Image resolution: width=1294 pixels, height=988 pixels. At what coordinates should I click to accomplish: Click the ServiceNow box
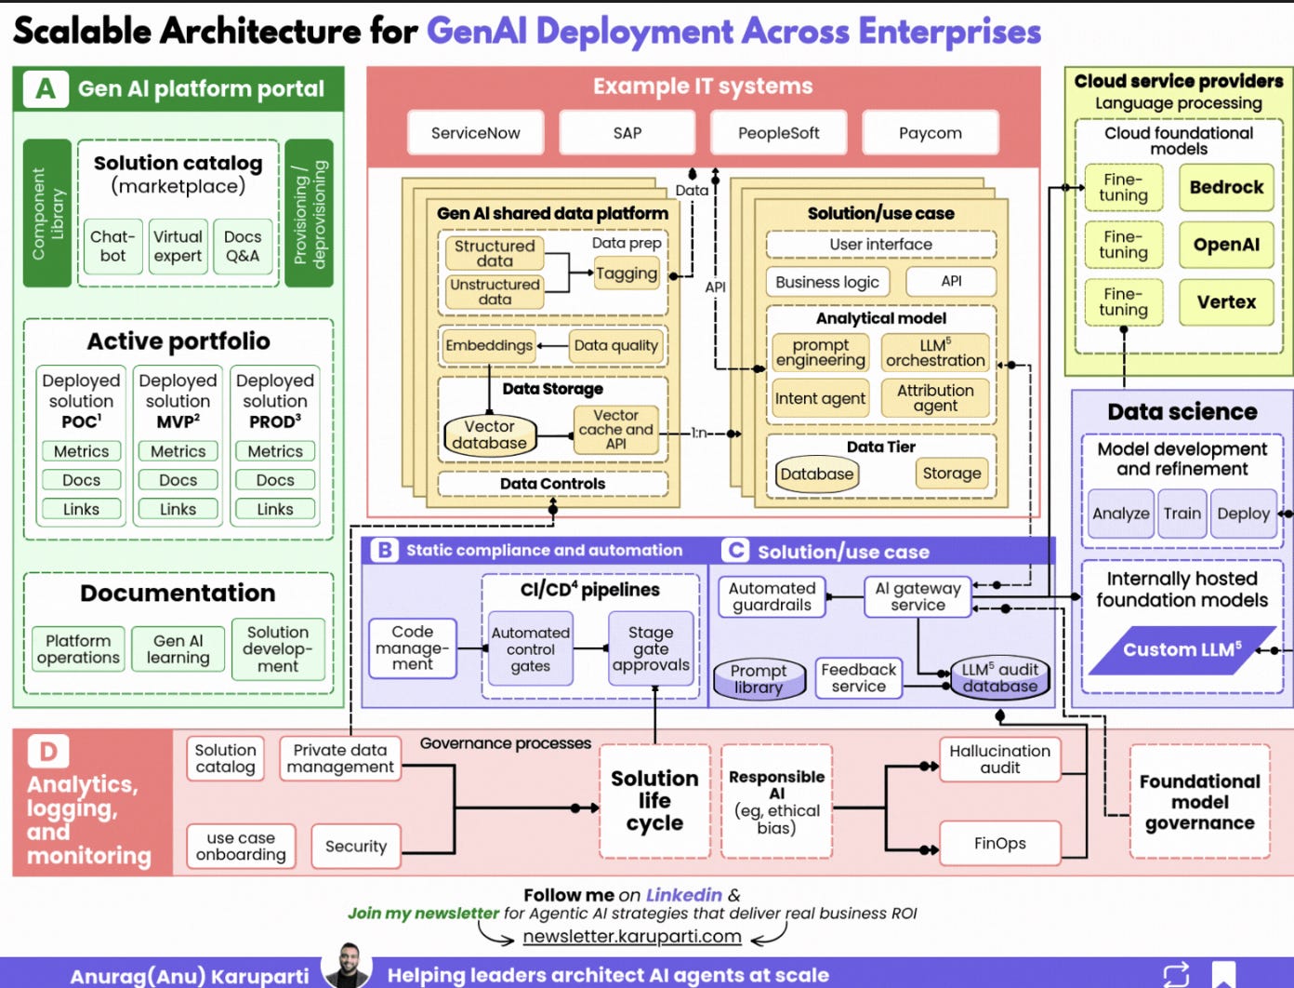coord(475,133)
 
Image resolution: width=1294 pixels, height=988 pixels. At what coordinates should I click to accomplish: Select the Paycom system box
coord(930,133)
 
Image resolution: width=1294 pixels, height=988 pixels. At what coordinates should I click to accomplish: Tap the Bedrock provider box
coord(1226,187)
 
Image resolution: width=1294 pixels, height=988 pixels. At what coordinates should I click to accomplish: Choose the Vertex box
coord(1226,301)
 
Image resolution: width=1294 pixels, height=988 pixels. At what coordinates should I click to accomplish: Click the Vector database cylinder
coord(489,434)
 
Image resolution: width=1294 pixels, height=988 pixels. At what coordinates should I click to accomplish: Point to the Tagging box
coord(626,274)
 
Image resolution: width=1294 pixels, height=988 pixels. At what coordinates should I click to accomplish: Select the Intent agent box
coord(820,398)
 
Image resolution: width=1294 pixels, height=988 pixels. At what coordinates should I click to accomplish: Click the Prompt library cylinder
coord(758,679)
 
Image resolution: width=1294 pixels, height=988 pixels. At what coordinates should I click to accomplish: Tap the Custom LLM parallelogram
coord(1181,649)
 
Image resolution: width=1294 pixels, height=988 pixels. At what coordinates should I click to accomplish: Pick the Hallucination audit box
coord(999,759)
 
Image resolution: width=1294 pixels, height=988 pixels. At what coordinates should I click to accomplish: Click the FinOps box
coord(999,843)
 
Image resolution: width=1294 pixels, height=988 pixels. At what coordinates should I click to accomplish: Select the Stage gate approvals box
coord(651,648)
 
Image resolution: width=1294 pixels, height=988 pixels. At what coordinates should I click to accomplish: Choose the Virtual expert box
coord(178,247)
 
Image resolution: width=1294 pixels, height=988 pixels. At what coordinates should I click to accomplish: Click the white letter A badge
coord(45,89)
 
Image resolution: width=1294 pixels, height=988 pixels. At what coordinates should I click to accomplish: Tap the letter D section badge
coord(48,751)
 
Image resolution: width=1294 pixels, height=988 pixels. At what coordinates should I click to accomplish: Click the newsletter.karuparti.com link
coord(632,936)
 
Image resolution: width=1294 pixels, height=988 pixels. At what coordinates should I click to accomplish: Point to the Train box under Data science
coord(1182,514)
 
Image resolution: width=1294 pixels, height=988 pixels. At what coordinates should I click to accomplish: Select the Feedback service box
coord(858,678)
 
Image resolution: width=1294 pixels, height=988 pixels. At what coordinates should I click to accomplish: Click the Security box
coord(356,846)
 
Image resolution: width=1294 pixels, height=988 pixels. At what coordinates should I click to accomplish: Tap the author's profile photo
coord(347,967)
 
